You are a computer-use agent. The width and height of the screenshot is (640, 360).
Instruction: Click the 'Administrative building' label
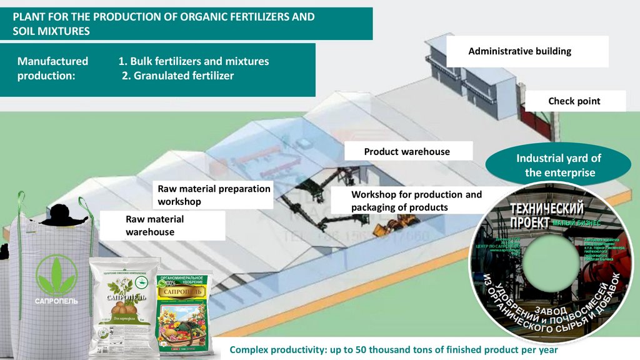[x=519, y=51]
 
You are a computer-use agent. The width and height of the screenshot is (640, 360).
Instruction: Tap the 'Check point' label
[x=574, y=101]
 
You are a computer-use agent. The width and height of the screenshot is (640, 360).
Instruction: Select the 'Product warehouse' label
[x=407, y=152]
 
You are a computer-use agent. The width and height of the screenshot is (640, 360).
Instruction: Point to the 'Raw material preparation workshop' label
[x=214, y=195]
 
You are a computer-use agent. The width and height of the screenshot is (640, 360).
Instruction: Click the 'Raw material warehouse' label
[x=154, y=226]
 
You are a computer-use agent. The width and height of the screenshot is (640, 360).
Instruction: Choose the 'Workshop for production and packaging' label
[x=416, y=201]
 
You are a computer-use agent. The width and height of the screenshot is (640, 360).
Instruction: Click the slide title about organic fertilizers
[x=164, y=24]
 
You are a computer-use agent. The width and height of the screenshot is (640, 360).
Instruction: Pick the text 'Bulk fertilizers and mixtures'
[x=193, y=61]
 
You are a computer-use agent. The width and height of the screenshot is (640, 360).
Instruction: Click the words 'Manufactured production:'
[x=52, y=69]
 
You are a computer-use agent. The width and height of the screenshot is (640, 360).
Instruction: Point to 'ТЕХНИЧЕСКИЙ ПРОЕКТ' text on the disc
[x=547, y=214]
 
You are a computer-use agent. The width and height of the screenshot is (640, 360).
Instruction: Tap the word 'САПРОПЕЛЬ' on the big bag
[x=56, y=301]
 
